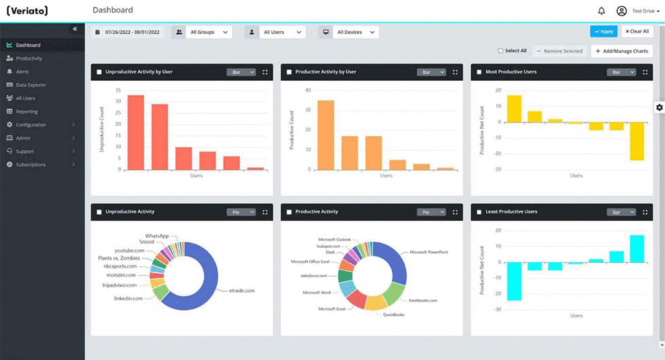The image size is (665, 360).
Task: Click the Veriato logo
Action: [27, 11]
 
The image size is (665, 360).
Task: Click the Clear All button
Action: [636, 31]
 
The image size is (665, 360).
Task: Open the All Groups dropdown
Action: [208, 32]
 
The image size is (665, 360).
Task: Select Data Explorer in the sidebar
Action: [31, 85]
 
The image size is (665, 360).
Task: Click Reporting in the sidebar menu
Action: [27, 112]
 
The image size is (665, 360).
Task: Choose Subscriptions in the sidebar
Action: [31, 165]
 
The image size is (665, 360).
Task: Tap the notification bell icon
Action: [601, 11]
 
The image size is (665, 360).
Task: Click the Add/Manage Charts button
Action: [621, 51]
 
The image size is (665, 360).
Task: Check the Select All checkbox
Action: [501, 51]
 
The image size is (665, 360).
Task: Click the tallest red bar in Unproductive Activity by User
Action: [135, 132]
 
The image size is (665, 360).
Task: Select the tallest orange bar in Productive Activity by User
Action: [325, 135]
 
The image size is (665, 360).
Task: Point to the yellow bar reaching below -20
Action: [636, 141]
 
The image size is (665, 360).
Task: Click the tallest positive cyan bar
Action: [636, 248]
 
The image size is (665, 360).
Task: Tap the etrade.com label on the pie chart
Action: [242, 290]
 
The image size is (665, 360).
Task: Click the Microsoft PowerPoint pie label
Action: [429, 252]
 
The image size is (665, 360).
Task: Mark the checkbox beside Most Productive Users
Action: [479, 72]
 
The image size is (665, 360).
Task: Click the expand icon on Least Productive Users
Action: [646, 212]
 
